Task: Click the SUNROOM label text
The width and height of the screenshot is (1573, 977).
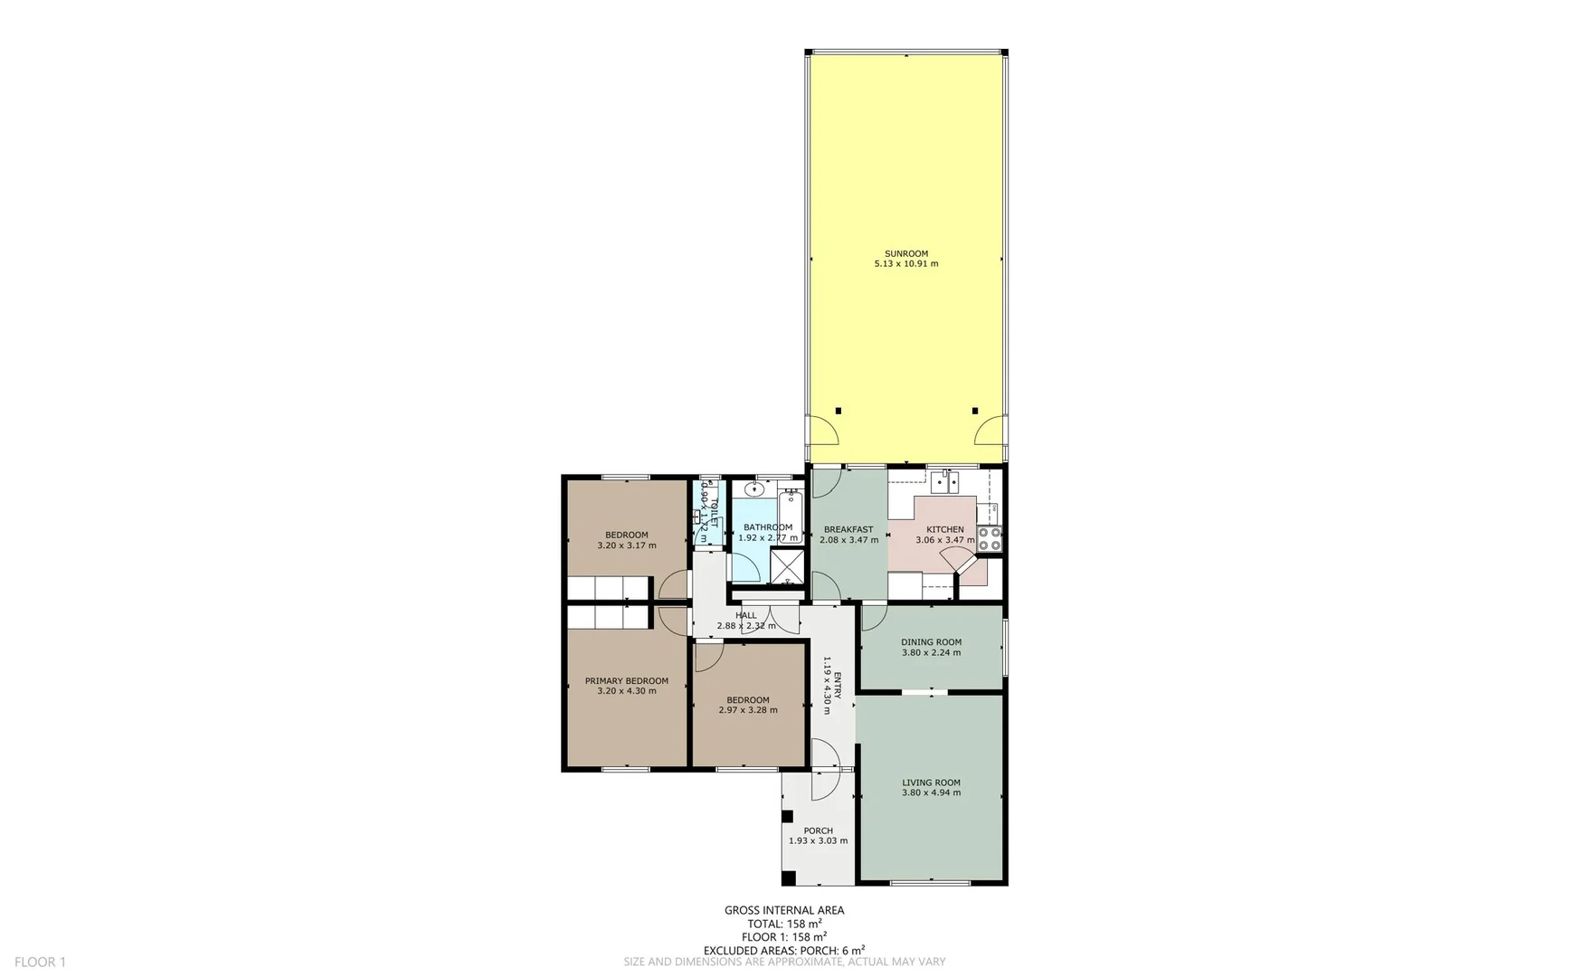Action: [905, 253]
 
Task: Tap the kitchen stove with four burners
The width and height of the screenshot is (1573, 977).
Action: [990, 539]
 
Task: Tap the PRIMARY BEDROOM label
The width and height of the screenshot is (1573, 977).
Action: [626, 681]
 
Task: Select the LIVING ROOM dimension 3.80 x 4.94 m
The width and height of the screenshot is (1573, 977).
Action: [931, 792]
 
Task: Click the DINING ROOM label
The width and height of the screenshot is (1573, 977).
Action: [931, 642]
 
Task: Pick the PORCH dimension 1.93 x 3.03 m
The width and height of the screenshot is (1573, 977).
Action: [818, 840]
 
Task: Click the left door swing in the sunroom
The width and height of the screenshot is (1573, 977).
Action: [822, 430]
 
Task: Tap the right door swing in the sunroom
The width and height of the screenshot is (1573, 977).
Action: [990, 430]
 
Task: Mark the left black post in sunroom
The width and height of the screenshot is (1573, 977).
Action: [839, 411]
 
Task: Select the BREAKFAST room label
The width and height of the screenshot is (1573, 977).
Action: [848, 529]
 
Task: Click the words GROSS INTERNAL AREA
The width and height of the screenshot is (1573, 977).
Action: [783, 910]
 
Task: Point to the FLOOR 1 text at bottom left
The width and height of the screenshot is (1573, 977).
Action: [41, 962]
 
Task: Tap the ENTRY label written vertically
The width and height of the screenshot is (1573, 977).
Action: [838, 685]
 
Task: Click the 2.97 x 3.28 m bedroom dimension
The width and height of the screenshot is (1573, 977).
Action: [747, 710]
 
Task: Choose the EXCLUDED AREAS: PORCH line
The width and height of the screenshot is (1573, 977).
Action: [783, 950]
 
